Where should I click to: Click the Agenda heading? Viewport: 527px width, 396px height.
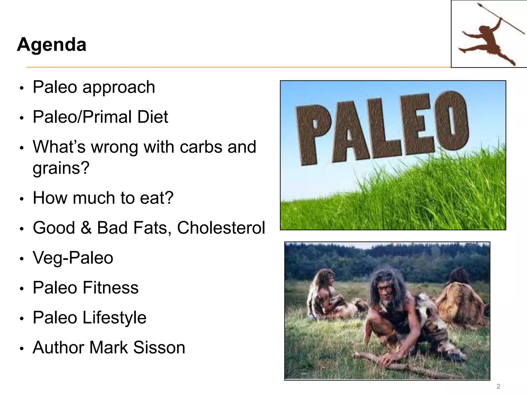51,45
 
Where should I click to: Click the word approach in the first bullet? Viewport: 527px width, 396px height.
119,87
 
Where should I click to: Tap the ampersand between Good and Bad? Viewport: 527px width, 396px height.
86,228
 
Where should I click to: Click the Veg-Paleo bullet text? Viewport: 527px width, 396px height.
73,258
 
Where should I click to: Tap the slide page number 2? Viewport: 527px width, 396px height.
498,386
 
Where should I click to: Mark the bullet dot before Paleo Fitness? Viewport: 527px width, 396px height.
22,288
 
